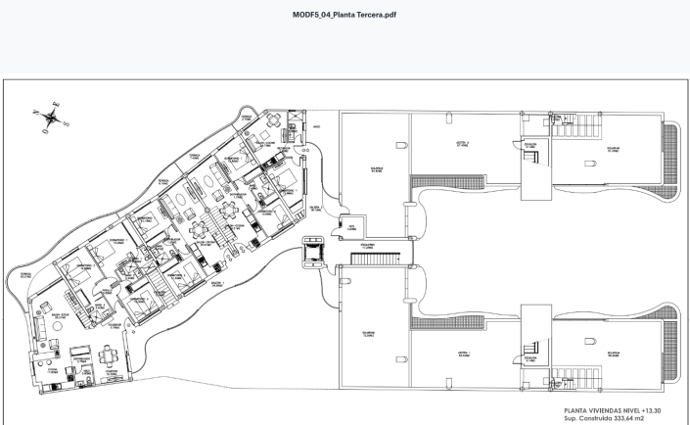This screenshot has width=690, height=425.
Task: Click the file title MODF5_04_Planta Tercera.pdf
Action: click(344, 15)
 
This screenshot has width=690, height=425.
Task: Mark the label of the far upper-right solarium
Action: click(613, 150)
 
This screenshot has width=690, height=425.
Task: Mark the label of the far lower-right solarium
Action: click(613, 354)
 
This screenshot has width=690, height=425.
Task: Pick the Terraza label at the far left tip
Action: click(25, 275)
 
